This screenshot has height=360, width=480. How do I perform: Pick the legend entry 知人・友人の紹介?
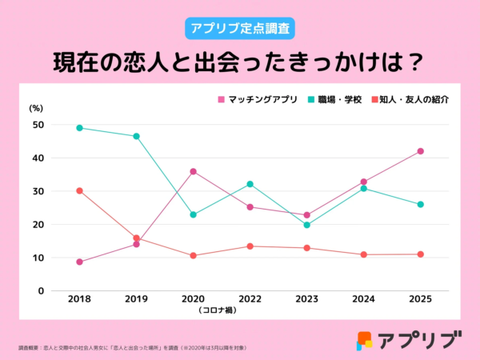(411, 100)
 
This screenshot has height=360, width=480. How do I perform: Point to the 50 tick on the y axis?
(38, 125)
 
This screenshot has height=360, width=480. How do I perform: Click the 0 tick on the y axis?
(41, 291)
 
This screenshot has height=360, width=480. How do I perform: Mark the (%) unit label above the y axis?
(37, 107)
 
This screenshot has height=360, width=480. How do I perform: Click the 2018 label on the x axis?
(79, 299)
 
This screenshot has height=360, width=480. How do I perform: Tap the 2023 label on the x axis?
(306, 299)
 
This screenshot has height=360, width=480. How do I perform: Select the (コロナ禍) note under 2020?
(193, 310)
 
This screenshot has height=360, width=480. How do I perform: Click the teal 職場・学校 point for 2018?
(79, 128)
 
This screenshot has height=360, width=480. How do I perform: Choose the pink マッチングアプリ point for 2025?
(420, 151)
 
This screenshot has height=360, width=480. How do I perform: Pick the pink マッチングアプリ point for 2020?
(193, 171)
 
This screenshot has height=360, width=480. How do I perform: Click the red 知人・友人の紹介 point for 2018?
(79, 190)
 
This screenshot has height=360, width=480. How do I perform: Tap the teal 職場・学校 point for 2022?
(250, 184)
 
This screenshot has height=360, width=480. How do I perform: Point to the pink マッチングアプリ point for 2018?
(79, 262)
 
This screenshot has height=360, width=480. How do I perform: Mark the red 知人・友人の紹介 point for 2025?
(420, 254)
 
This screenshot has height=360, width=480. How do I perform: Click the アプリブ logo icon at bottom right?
(365, 340)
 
